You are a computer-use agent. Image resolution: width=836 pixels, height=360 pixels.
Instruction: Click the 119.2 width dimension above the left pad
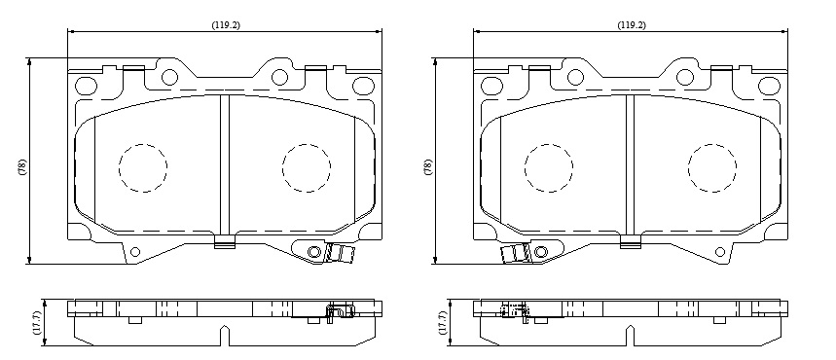coord(226,25)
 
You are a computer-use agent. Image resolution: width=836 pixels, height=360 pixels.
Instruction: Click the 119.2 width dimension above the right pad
coord(632,25)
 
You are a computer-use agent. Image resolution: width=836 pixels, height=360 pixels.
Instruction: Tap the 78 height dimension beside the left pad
coord(21,167)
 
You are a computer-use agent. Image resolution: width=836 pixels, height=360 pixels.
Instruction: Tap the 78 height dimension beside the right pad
coord(428,167)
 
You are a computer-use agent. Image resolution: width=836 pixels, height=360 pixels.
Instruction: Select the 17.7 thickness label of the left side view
coord(36,323)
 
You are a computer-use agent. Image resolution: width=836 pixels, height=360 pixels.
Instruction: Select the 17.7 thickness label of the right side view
coord(442,323)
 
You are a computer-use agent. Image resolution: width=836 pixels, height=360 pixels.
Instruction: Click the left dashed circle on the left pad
coord(143,167)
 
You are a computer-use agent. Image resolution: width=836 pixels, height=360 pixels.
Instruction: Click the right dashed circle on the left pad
coord(307,167)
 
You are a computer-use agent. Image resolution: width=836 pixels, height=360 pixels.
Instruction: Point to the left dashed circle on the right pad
coord(549,167)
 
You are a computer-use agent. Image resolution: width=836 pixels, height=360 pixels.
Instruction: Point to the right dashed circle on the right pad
coord(712,167)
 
